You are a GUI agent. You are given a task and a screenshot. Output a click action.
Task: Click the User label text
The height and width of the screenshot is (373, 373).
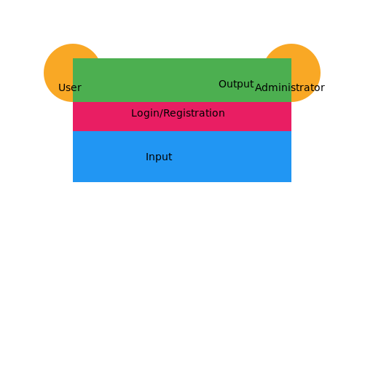(70, 88)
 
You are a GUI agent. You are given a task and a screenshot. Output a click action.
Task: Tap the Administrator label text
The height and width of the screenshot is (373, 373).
(287, 88)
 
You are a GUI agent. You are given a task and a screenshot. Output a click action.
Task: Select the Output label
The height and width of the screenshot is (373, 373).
(236, 85)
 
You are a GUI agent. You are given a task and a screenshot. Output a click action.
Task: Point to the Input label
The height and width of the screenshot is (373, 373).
(159, 157)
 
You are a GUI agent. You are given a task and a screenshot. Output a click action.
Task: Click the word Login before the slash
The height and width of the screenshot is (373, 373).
(144, 114)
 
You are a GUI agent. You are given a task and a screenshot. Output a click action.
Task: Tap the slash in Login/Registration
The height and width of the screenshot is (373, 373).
(159, 114)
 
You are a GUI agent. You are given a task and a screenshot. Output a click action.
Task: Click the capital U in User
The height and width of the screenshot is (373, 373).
(62, 88)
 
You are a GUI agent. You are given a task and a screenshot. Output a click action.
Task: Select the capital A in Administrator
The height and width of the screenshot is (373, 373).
(259, 88)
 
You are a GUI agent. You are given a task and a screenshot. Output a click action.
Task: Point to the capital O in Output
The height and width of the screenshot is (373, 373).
(222, 85)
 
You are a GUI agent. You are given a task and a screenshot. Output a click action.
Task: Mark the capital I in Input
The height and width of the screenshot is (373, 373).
(147, 157)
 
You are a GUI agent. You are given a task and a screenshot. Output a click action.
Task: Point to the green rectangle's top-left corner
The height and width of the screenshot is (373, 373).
(73, 58)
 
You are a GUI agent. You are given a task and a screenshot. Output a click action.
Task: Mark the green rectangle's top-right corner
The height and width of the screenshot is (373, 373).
(291, 58)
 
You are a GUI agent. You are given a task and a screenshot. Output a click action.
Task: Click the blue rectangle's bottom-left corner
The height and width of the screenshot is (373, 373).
(73, 181)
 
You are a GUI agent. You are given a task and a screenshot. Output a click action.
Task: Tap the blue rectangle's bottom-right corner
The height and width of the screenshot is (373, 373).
(291, 181)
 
